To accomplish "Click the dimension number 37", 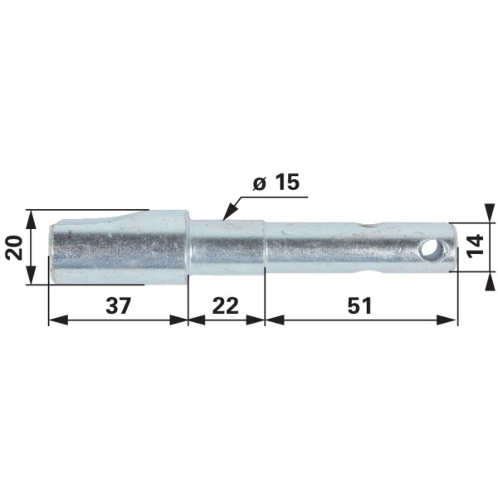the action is (x=118, y=305).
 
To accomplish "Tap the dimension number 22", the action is (x=226, y=305).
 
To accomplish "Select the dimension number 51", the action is (x=359, y=305).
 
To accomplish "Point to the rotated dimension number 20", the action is (x=15, y=247).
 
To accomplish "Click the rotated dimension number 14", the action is (x=476, y=244).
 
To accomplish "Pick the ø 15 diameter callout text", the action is (x=276, y=183).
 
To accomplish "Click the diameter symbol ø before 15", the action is (x=259, y=184).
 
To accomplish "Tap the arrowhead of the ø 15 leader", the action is (x=229, y=212).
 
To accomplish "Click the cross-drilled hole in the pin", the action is (x=431, y=248).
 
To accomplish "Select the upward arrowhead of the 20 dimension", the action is (x=31, y=219).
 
